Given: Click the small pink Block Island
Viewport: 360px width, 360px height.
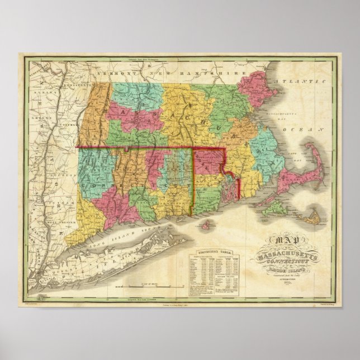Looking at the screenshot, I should tap(208, 225).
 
